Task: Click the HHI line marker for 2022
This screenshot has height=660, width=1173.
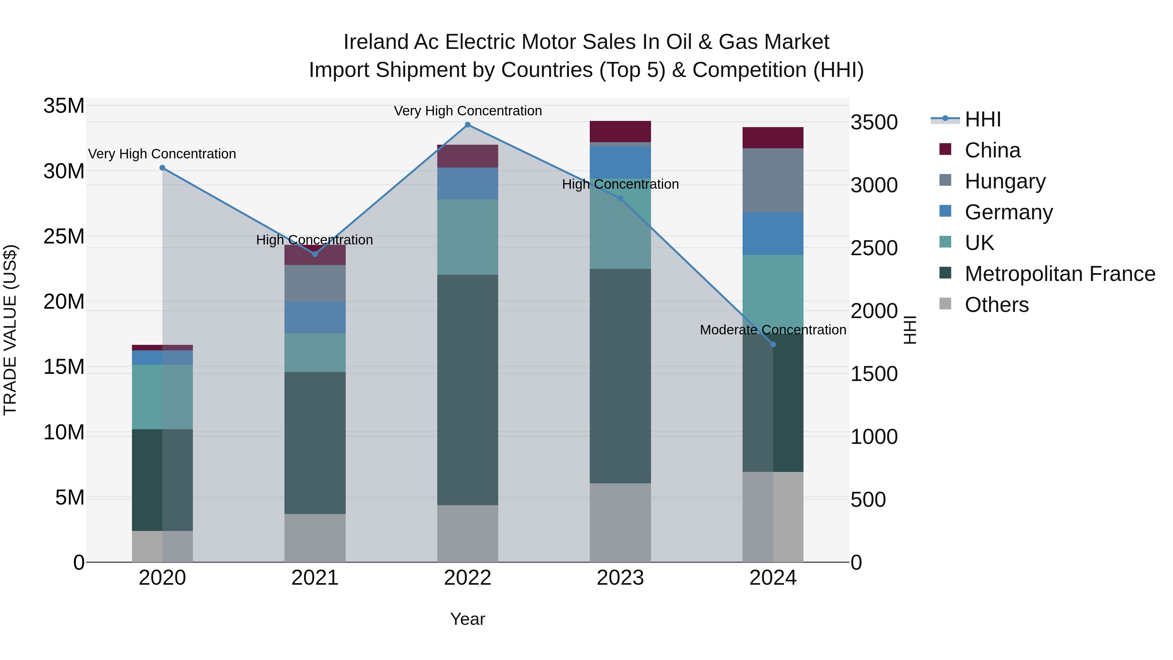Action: pos(468,125)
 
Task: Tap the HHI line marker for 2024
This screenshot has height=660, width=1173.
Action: pos(773,345)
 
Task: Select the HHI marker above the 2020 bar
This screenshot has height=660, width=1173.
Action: pos(162,168)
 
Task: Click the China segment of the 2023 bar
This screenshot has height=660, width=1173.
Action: pos(620,132)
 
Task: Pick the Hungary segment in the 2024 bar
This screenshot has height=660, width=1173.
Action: pos(773,180)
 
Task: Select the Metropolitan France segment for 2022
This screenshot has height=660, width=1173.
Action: pos(468,389)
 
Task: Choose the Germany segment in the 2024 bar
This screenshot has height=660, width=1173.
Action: pos(773,234)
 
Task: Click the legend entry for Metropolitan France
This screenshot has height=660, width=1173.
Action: pos(1059,274)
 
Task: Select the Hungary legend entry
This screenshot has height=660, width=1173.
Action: pos(1005,181)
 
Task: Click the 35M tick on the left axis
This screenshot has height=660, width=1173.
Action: pos(64,106)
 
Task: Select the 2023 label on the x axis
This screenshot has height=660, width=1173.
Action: pos(620,578)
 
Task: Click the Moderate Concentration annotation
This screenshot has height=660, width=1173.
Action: pos(773,330)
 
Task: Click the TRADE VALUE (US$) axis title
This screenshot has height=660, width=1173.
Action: pos(10,330)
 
